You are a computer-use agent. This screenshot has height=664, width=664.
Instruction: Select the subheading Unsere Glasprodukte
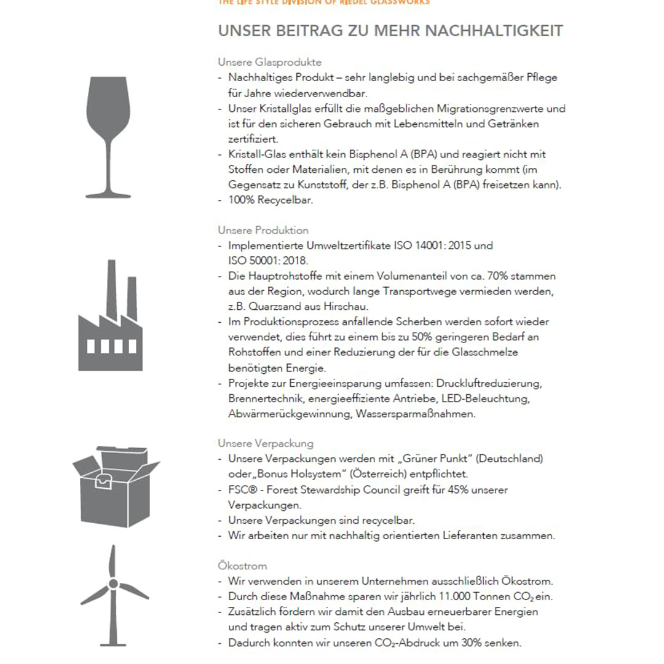tap(269, 62)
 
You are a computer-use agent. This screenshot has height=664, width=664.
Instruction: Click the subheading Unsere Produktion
tap(263, 231)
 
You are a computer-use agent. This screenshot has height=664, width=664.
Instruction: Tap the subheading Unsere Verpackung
tap(266, 443)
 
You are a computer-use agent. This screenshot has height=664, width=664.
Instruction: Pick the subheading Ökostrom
tap(242, 566)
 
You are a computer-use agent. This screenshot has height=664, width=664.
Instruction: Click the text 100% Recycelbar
tap(271, 200)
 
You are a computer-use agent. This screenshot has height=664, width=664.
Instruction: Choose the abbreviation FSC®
tap(242, 490)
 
